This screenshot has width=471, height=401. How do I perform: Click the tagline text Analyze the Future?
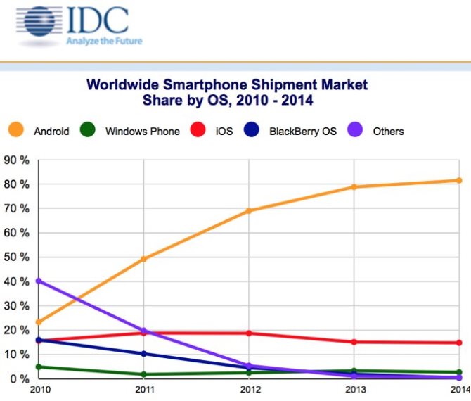[104, 41]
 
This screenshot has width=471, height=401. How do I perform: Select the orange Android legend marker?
[16, 130]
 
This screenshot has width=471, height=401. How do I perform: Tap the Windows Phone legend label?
[142, 131]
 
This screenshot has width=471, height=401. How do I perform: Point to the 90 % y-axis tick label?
[15, 160]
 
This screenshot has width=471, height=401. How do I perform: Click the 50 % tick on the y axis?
[15, 257]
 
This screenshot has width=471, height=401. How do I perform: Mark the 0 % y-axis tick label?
[18, 378]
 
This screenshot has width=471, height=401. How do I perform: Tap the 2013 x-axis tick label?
[354, 391]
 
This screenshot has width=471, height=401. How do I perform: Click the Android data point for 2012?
[249, 210]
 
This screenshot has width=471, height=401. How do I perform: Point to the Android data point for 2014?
[459, 181]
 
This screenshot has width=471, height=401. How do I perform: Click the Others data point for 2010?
[38, 281]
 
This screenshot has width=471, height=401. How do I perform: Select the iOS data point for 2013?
[354, 342]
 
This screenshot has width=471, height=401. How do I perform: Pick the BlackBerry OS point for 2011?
[143, 353]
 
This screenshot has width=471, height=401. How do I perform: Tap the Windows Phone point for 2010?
[38, 367]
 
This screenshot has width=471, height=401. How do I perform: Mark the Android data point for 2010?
[38, 322]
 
